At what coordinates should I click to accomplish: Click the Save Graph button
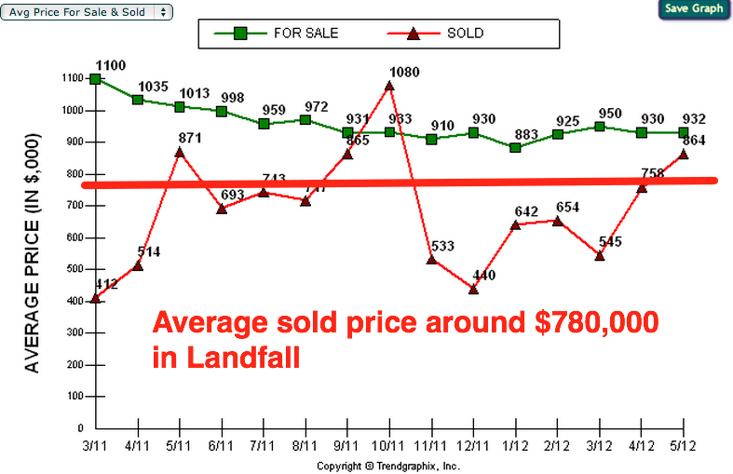(694, 9)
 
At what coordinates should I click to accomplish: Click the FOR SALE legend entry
(280, 34)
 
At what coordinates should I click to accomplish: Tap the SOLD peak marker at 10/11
(389, 86)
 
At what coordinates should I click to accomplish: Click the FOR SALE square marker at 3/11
(96, 79)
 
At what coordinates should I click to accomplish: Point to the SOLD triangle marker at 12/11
(473, 289)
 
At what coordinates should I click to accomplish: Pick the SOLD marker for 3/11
(96, 298)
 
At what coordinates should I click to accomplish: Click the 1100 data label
(110, 64)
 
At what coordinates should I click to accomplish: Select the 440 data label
(487, 276)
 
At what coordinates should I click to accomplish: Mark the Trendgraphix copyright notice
(388, 466)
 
